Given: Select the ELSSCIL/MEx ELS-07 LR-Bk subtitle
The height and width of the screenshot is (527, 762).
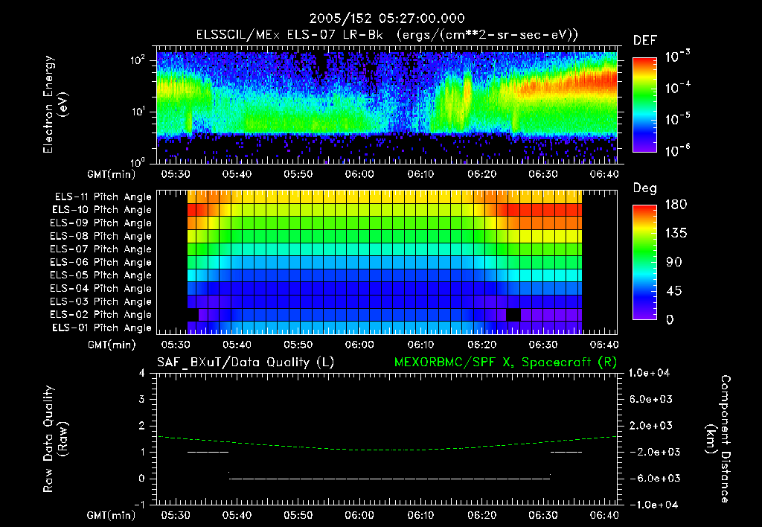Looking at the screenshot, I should [x=386, y=35].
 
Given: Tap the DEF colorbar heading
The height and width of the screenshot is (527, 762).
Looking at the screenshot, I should [x=644, y=40].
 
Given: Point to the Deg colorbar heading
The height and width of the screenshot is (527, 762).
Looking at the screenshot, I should [x=644, y=188].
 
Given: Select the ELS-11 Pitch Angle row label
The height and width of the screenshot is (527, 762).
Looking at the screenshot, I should [x=103, y=197].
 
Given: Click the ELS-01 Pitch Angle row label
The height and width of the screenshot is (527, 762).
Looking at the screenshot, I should [x=103, y=328].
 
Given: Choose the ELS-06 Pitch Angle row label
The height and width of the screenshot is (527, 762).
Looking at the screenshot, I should [x=103, y=263].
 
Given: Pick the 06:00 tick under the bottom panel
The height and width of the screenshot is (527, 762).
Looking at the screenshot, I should [x=359, y=515].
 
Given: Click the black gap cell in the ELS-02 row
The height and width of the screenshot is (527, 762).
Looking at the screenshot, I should [x=513, y=315].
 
